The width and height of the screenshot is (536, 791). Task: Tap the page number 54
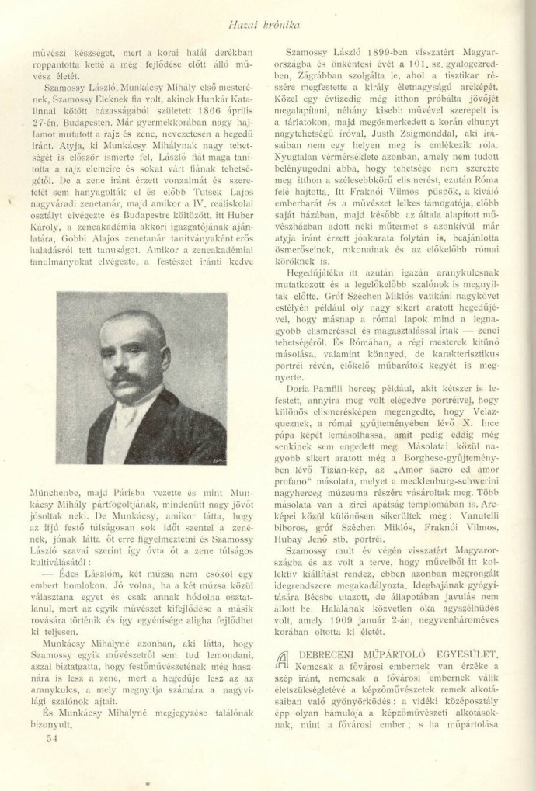(x=53, y=738)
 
